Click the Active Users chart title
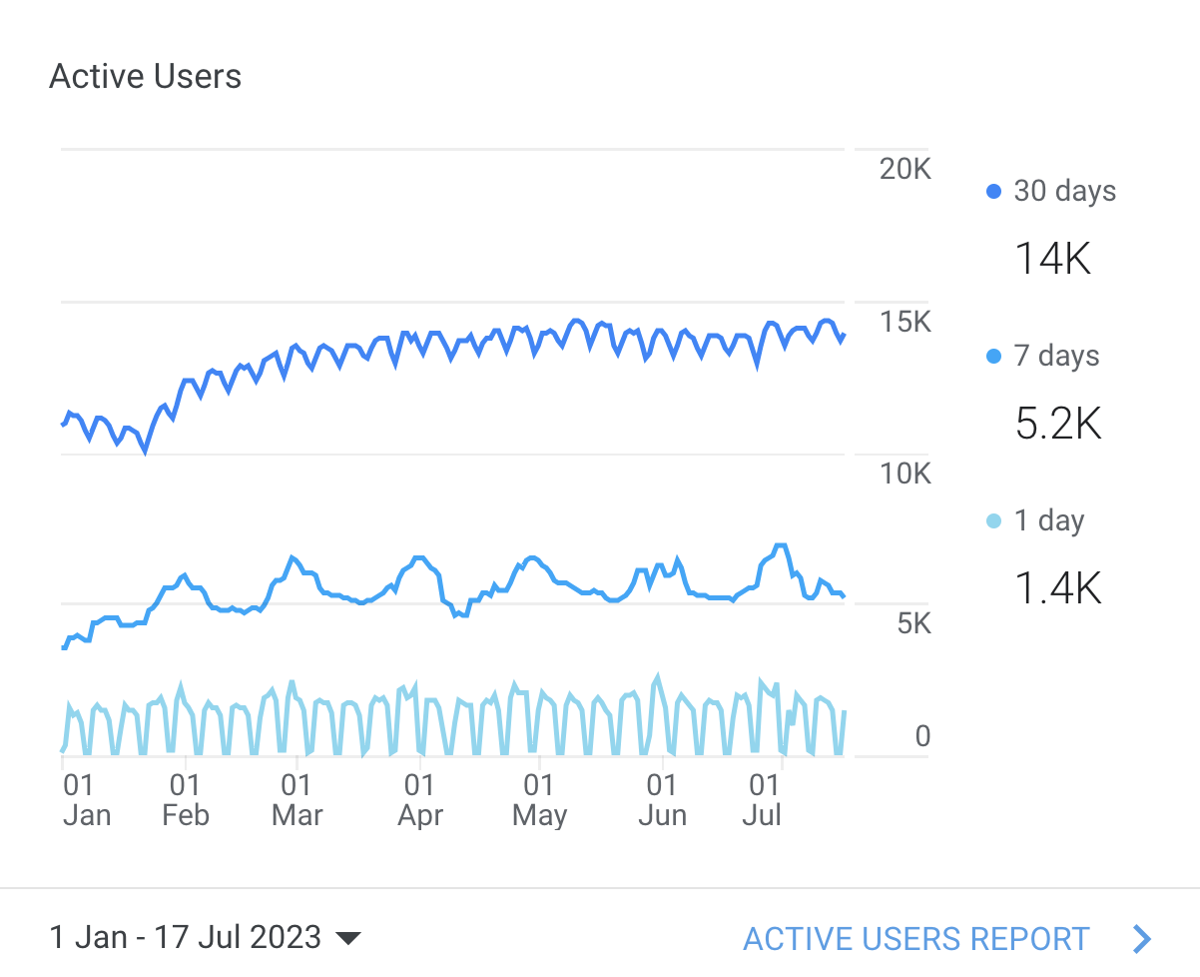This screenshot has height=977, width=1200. coord(145,77)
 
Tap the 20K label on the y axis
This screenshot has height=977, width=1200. coord(904,169)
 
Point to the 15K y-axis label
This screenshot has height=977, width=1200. coord(904,322)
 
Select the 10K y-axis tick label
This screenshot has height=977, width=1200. coord(904,473)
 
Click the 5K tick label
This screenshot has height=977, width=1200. coord(913,624)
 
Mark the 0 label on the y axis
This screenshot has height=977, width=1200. coord(922,737)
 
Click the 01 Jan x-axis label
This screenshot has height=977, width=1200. coord(85,800)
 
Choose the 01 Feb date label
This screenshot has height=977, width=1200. coord(185,800)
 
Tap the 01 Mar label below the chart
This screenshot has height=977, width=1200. coord(297,800)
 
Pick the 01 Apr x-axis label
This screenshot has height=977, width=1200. coord(419,800)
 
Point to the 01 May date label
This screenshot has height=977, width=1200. coord(539,800)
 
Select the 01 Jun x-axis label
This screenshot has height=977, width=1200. coord(662,800)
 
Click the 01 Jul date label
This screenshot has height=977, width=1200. coord(762,800)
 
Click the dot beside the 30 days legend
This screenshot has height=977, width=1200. coord(993,191)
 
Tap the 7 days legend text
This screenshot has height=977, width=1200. coord(1056,357)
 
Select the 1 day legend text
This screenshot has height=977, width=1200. coord(1048,520)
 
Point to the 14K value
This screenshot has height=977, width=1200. coord(1052,260)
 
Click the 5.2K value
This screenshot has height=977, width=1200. coord(1058,425)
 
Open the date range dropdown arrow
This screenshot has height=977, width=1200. coord(347,938)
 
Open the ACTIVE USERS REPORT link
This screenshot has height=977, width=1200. coord(916,939)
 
